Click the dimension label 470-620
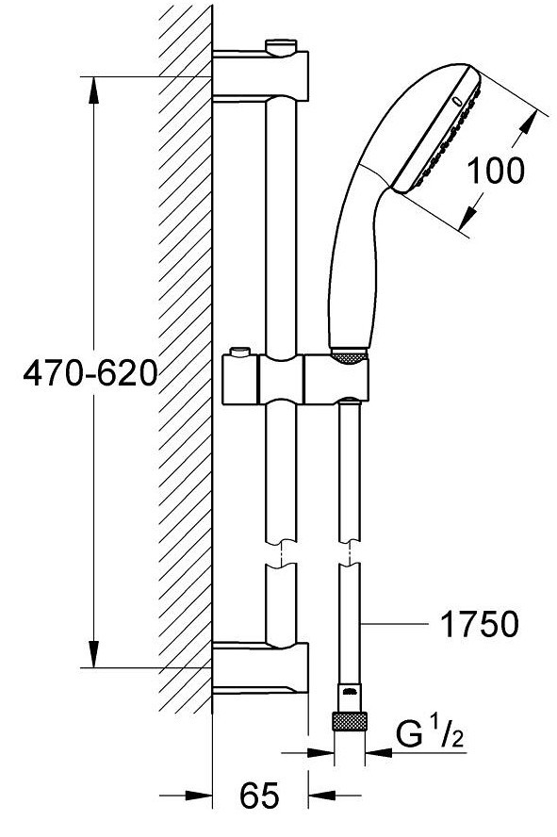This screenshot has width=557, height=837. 90,372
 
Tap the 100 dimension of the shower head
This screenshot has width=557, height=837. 496,171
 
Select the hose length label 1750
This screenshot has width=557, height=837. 479,623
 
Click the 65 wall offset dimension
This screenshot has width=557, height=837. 259,795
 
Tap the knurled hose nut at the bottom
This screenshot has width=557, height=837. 350,721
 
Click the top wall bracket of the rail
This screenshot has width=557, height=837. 260,74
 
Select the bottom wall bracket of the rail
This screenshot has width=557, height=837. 260,667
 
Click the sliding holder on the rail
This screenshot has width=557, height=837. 295,380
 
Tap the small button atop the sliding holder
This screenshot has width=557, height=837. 239,353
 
